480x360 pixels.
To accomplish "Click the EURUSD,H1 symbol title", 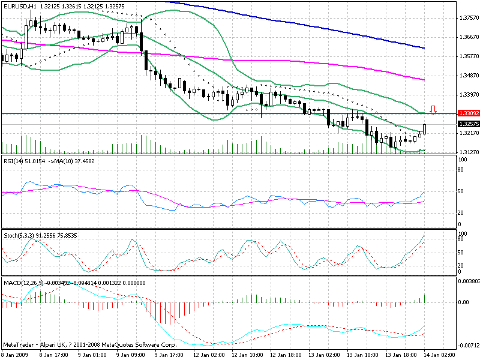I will coord(22,5).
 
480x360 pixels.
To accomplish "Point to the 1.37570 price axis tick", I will coord(467,18).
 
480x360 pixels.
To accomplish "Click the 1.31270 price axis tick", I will coord(467,152).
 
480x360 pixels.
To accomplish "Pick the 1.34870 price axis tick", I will coord(467,75).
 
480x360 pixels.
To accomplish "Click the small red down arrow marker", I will coord(433,109).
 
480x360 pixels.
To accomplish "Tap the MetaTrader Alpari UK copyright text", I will coord(90,346).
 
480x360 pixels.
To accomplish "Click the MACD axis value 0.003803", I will coord(467,281).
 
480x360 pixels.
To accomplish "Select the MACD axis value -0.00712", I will coord(467,346).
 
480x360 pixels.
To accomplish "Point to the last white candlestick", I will coord(425,128).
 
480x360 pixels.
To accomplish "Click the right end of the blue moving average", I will coord(424,47).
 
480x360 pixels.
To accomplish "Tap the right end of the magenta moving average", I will coord(424,80).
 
